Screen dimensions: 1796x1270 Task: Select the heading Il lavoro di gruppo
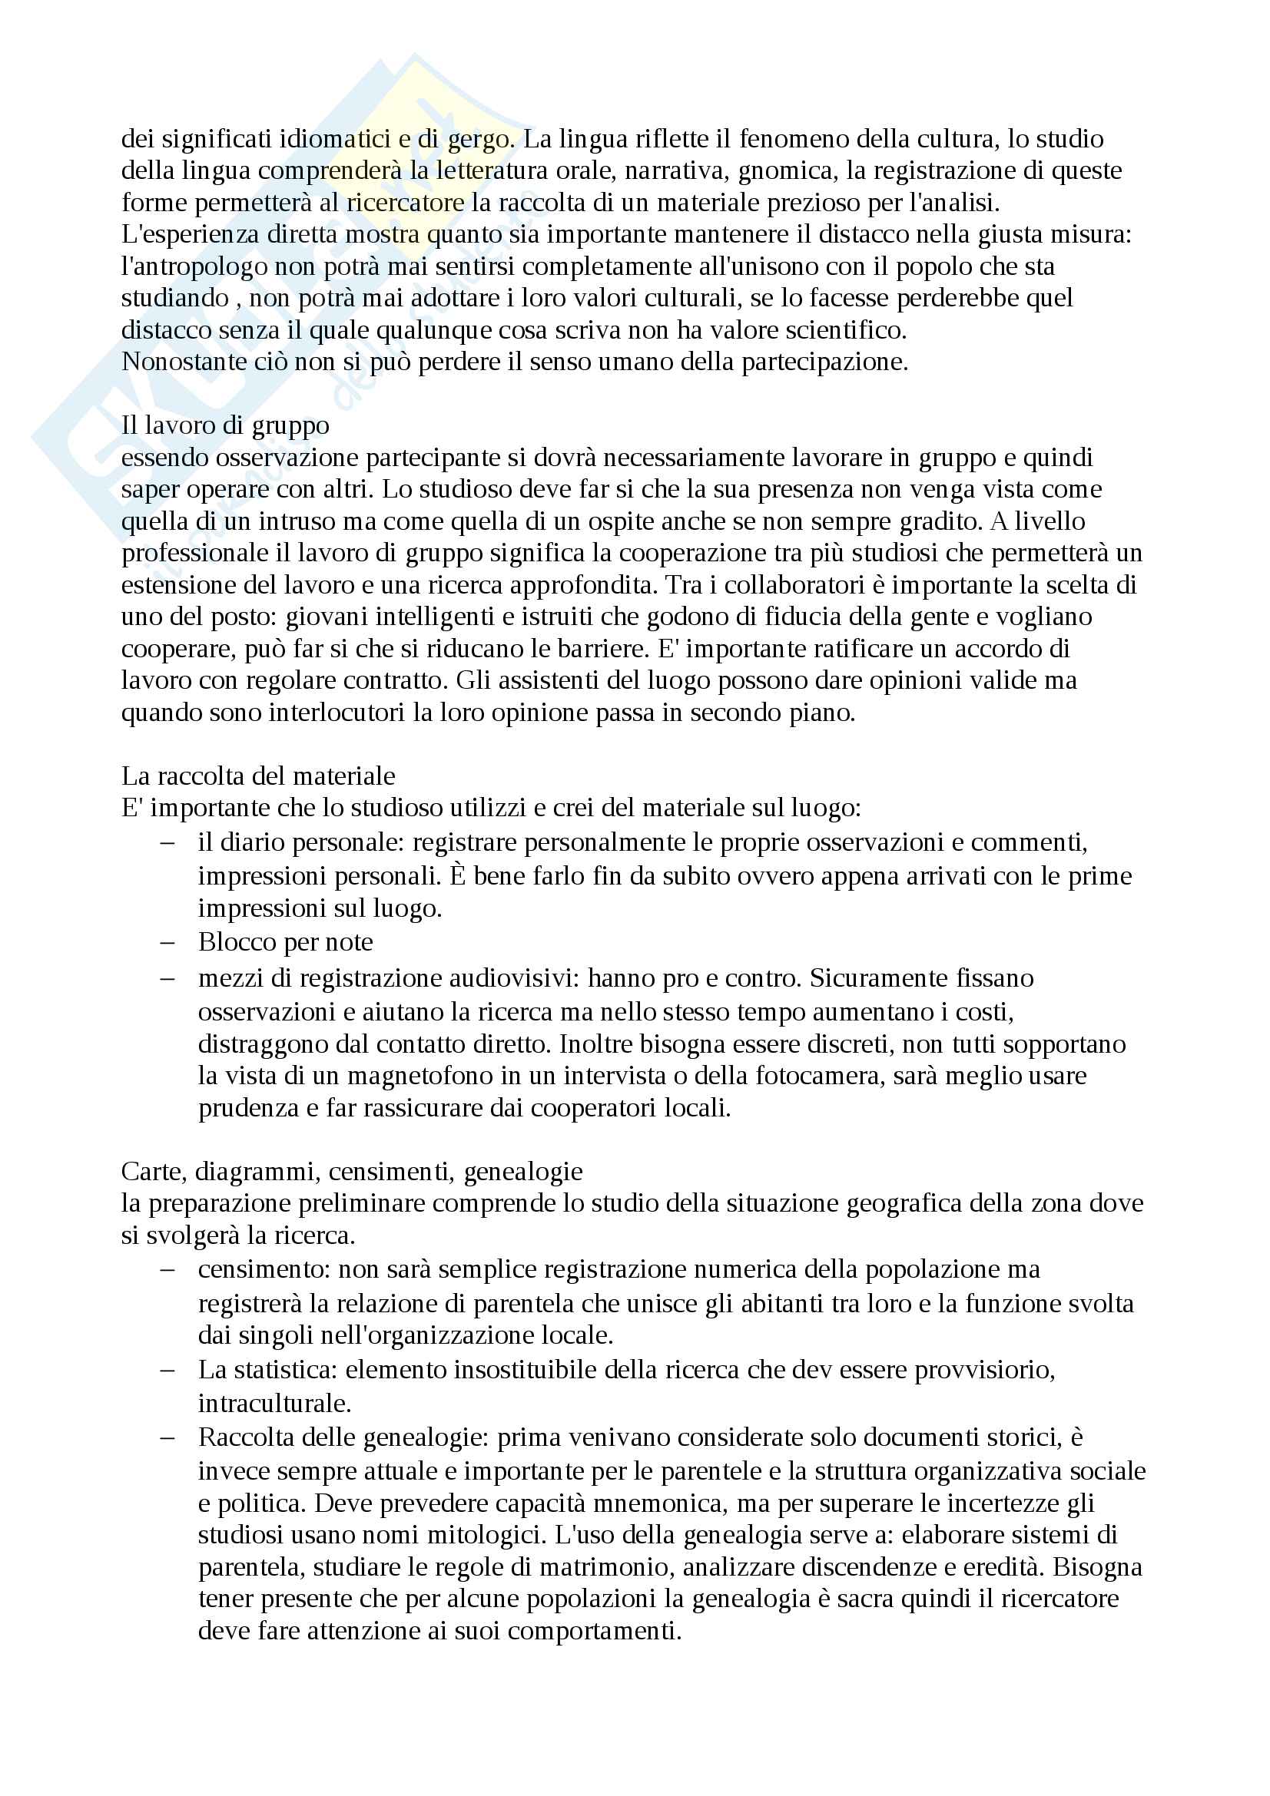(x=225, y=425)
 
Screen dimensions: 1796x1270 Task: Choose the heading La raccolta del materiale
(x=258, y=776)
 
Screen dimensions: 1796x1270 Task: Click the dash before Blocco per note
(x=167, y=943)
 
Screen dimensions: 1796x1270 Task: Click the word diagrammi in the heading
(x=257, y=1172)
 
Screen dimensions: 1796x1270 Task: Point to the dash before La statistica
(x=167, y=1371)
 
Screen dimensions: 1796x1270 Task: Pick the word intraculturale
(x=274, y=1404)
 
